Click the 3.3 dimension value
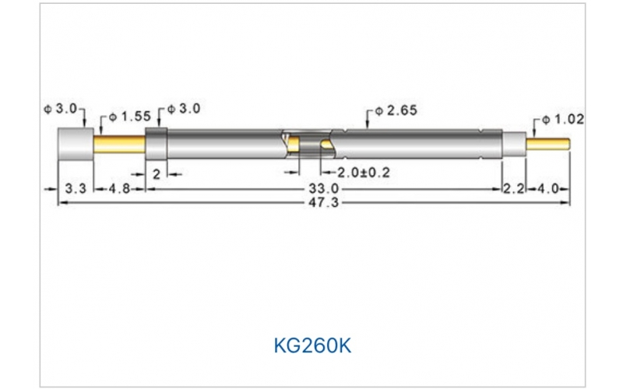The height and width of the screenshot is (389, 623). coord(75,189)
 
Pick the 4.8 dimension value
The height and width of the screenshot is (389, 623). coord(119,189)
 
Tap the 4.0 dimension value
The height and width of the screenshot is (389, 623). coord(548,189)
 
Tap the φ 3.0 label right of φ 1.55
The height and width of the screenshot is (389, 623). coord(185,110)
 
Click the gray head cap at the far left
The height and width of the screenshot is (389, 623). coord(76,144)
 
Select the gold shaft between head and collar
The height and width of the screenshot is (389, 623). coord(119,144)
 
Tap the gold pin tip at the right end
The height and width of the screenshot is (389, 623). coord(550,144)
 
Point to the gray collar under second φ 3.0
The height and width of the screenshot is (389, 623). coord(157,144)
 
